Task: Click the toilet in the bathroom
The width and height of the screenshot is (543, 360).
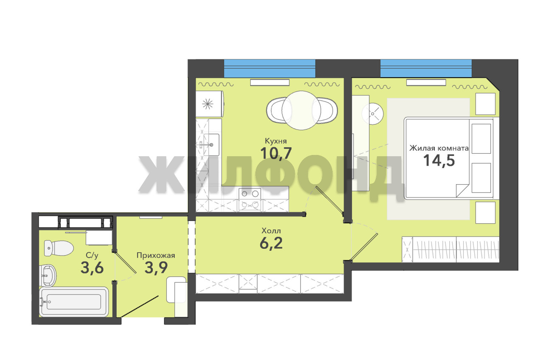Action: [59, 248]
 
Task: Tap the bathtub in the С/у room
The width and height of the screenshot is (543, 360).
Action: [74, 302]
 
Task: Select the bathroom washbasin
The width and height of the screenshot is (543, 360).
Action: [48, 276]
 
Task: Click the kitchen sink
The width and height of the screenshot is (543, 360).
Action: [211, 145]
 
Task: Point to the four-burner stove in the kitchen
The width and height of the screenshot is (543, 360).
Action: [250, 199]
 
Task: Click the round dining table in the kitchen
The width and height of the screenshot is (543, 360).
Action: [301, 110]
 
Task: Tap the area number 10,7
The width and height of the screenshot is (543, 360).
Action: [276, 154]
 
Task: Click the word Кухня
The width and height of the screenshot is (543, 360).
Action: [276, 141]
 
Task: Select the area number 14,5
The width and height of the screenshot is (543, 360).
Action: [439, 160]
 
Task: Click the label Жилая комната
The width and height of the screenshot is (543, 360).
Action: [439, 148]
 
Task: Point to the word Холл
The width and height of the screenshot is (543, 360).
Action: [271, 231]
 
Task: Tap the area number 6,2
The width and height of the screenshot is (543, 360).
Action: [271, 243]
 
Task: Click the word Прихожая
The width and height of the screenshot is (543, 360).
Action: [156, 256]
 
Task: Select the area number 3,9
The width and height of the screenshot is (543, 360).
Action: [156, 267]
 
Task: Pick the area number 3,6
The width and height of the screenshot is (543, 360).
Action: [92, 268]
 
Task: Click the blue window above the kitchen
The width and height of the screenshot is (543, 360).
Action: [269, 68]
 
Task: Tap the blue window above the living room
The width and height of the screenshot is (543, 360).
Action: [426, 68]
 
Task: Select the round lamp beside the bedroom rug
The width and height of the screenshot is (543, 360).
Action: [372, 113]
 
